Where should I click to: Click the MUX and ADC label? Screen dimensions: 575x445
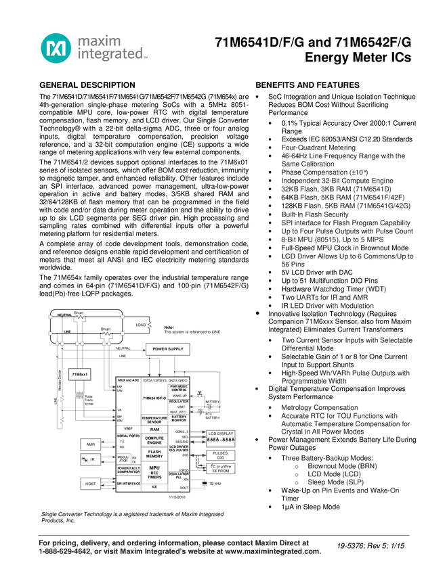coord(127,381)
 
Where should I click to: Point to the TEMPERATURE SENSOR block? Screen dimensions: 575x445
coord(154,420)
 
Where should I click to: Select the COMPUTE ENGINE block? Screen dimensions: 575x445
coord(154,440)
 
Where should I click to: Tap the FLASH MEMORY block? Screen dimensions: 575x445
coord(154,453)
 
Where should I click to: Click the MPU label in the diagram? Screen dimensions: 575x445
coord(154,467)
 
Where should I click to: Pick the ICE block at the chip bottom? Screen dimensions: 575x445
coord(154,486)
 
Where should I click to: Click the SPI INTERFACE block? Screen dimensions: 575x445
coord(128,484)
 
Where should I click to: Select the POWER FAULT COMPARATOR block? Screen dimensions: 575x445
coord(128,469)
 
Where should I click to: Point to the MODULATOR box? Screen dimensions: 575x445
coord(123,459)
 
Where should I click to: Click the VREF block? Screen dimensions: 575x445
coord(128,428)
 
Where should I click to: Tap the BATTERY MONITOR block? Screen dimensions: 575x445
coord(179,419)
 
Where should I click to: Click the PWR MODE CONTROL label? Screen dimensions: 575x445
coord(179,388)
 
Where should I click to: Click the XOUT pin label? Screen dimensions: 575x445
coord(184,487)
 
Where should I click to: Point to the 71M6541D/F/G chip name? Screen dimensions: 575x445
coord(154,398)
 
